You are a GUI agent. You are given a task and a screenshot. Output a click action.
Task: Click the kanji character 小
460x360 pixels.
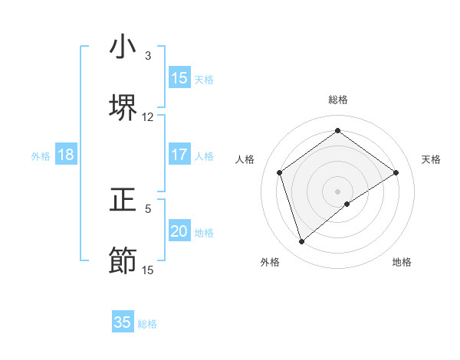coord(123,47)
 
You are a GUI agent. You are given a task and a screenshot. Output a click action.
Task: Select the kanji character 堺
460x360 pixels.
coord(123,108)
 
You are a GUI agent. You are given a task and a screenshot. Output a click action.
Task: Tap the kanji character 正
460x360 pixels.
coord(123,200)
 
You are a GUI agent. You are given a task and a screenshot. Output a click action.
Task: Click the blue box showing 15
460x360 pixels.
coord(179,78)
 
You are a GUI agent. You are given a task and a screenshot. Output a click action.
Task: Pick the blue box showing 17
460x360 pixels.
coord(179,155)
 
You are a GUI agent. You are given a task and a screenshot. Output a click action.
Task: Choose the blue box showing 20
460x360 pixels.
coord(179,231)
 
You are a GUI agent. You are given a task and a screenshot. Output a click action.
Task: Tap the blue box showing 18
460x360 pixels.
coord(66,155)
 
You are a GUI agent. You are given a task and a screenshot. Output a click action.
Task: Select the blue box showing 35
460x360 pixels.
coord(123,322)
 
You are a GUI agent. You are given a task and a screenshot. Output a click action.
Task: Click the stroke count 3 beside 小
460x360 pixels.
coord(148,56)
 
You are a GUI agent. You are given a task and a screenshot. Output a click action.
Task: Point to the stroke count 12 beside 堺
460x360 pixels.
coord(148,117)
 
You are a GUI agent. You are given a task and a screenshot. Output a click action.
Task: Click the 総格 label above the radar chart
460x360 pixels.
coord(337,100)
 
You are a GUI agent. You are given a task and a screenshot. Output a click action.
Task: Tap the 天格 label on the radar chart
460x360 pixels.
coord(431,159)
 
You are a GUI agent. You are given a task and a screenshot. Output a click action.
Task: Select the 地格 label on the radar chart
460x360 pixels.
coord(402,262)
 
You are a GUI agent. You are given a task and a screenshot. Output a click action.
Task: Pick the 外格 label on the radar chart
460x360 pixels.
coord(270,262)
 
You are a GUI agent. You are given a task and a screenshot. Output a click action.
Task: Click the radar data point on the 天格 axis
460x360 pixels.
coord(396,172)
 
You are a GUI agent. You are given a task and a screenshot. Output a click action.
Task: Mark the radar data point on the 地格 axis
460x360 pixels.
coord(347,204)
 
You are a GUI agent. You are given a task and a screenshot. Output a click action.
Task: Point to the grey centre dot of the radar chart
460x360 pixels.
coord(337,191)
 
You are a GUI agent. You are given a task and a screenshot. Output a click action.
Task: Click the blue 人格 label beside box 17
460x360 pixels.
coord(204,156)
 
